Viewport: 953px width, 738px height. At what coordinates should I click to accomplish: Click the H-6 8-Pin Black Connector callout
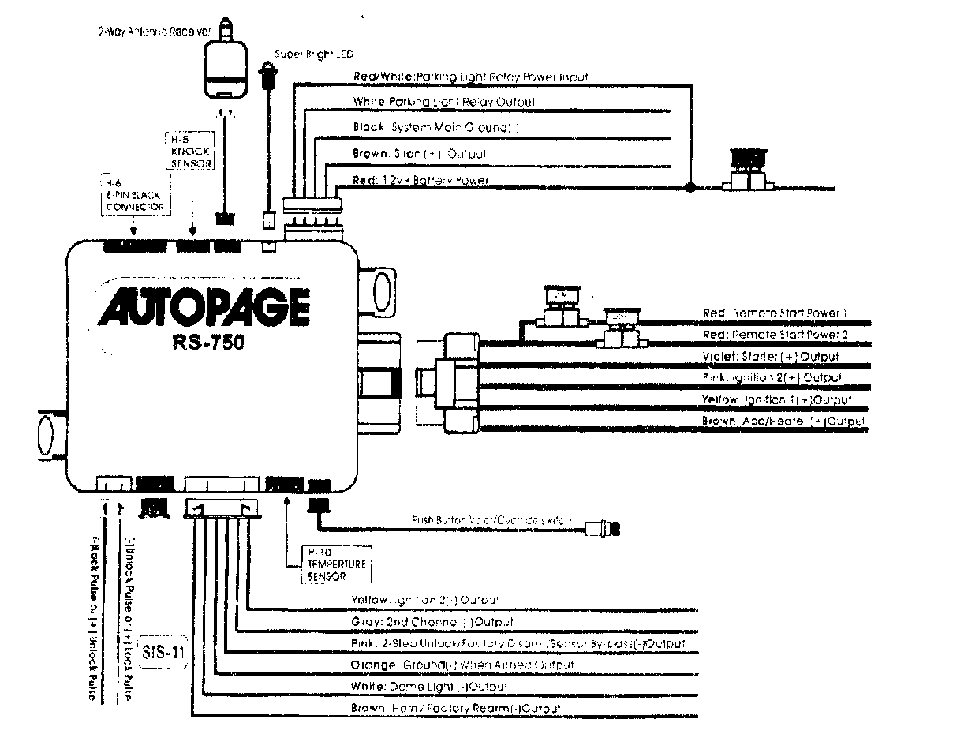coord(133,193)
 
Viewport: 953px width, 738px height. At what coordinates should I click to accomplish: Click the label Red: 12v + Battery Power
coord(420,181)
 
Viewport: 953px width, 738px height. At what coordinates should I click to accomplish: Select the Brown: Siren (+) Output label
coord(420,154)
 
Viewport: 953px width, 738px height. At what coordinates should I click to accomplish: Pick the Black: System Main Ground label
coord(435,128)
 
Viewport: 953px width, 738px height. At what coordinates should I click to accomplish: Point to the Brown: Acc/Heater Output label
coord(783,422)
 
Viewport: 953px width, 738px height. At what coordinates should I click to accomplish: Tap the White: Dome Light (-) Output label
coord(428,687)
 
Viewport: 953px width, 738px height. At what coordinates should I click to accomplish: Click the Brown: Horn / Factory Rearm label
coord(455,709)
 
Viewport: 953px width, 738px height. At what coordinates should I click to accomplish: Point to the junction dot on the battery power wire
coord(690,188)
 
